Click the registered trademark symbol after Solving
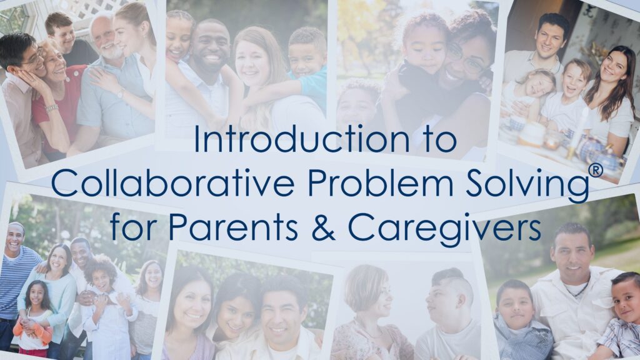(596, 171)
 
